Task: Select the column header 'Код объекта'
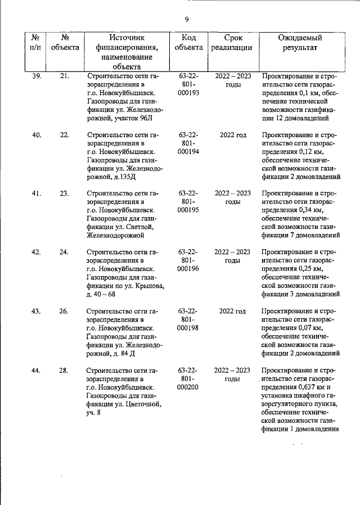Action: point(188,43)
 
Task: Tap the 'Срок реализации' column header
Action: point(232,43)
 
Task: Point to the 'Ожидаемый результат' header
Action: point(300,43)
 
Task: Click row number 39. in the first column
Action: point(36,76)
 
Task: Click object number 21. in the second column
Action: point(64,76)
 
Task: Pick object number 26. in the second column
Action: point(64,311)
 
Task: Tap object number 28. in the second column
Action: point(64,370)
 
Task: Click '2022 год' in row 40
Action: point(232,135)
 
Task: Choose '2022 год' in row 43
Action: point(232,311)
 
